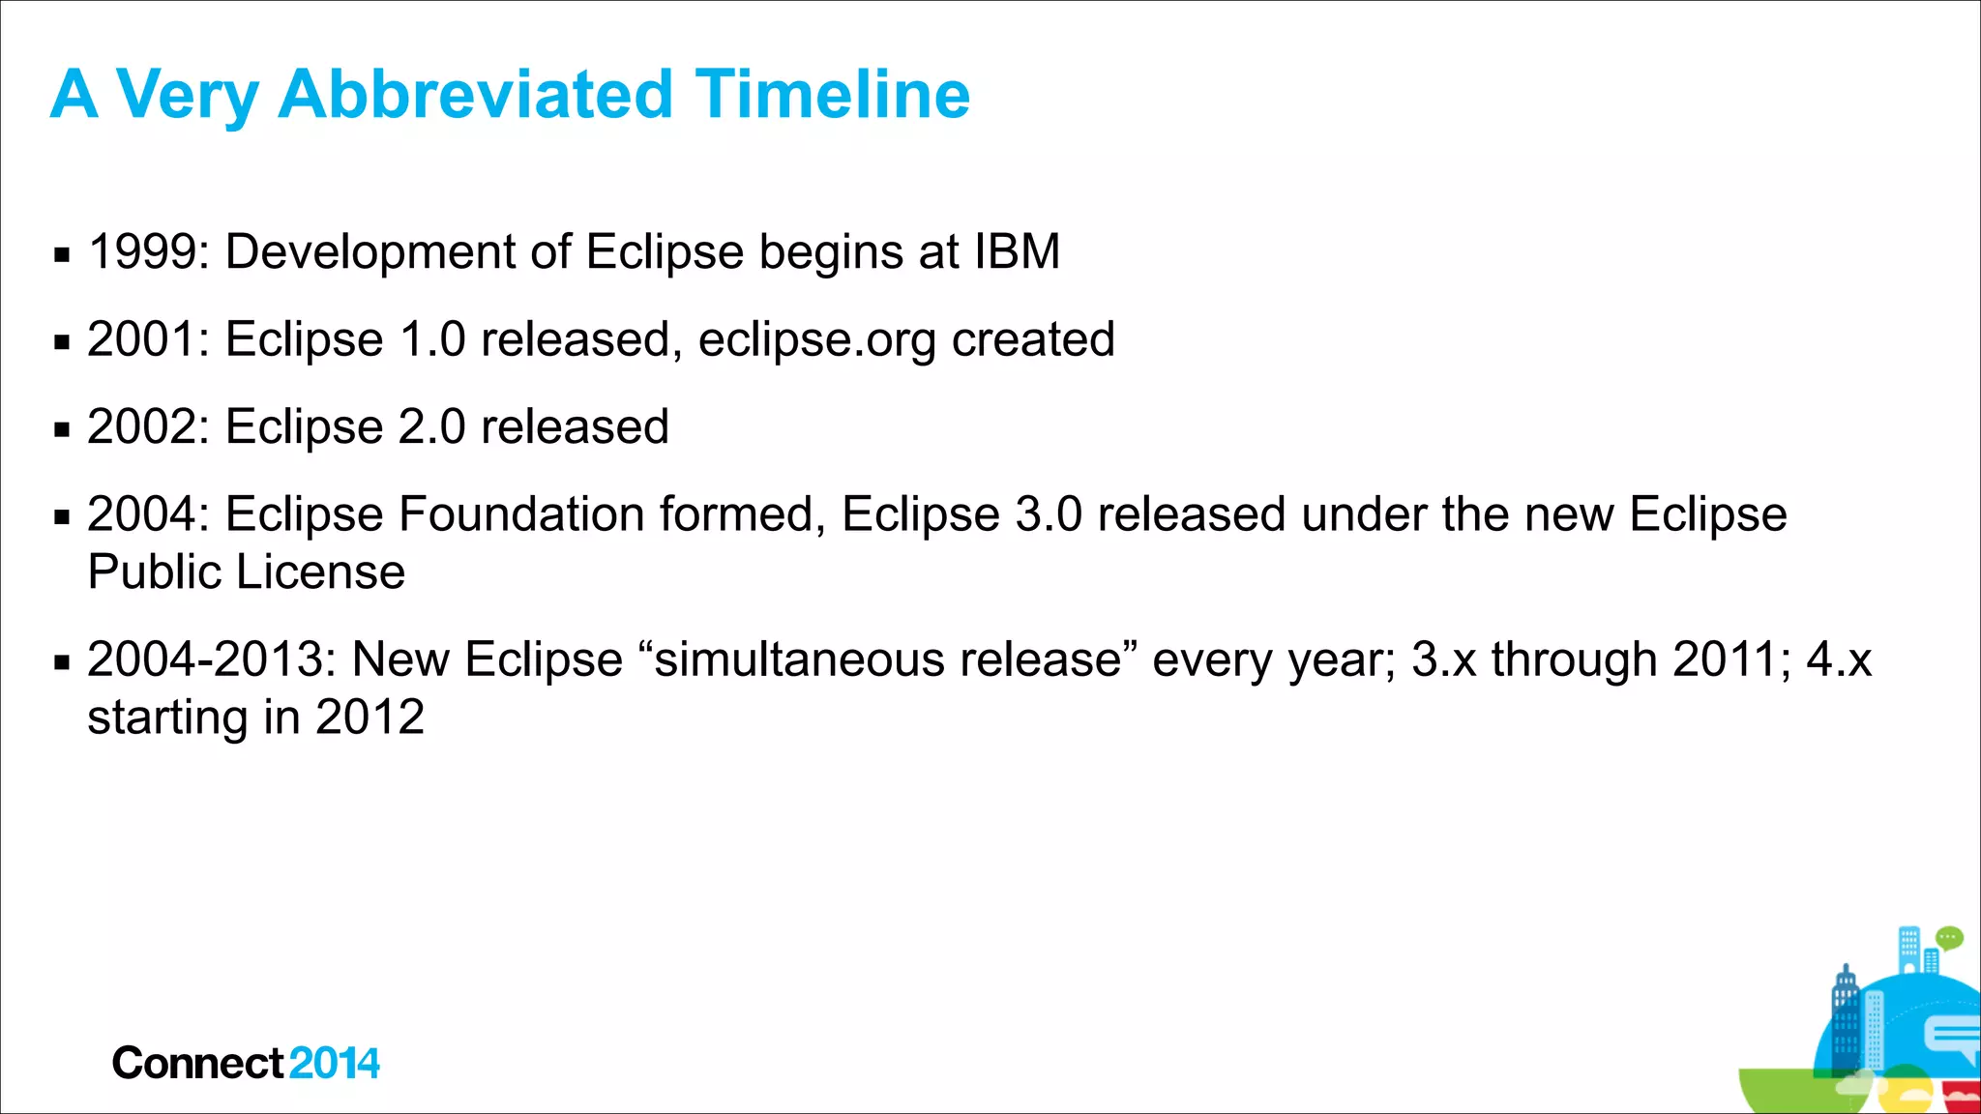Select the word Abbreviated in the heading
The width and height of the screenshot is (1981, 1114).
tap(475, 95)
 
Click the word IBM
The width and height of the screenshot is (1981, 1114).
tap(1017, 252)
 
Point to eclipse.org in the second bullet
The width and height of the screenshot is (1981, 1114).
tap(816, 340)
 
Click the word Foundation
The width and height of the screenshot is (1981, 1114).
tap(521, 514)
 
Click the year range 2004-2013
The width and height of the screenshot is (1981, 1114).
tap(211, 660)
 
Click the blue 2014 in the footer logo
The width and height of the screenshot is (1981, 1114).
tap(334, 1064)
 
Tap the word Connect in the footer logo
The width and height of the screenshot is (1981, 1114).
tap(198, 1064)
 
